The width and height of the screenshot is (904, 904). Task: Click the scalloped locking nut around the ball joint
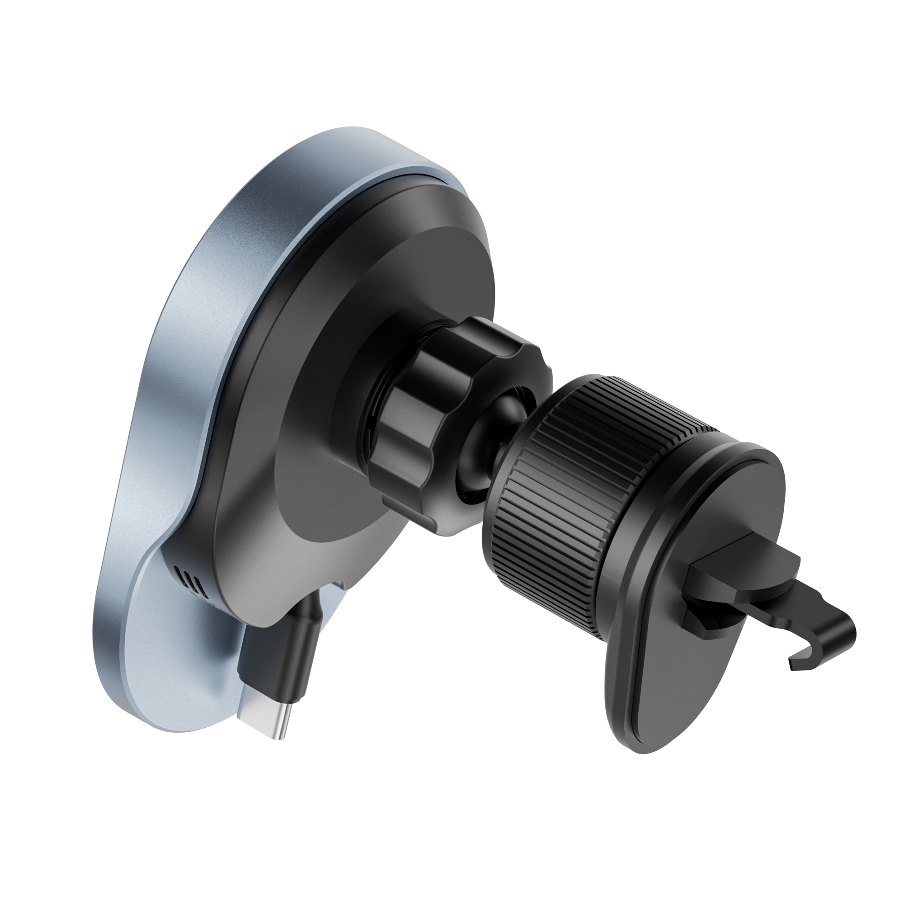coord(421,421)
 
